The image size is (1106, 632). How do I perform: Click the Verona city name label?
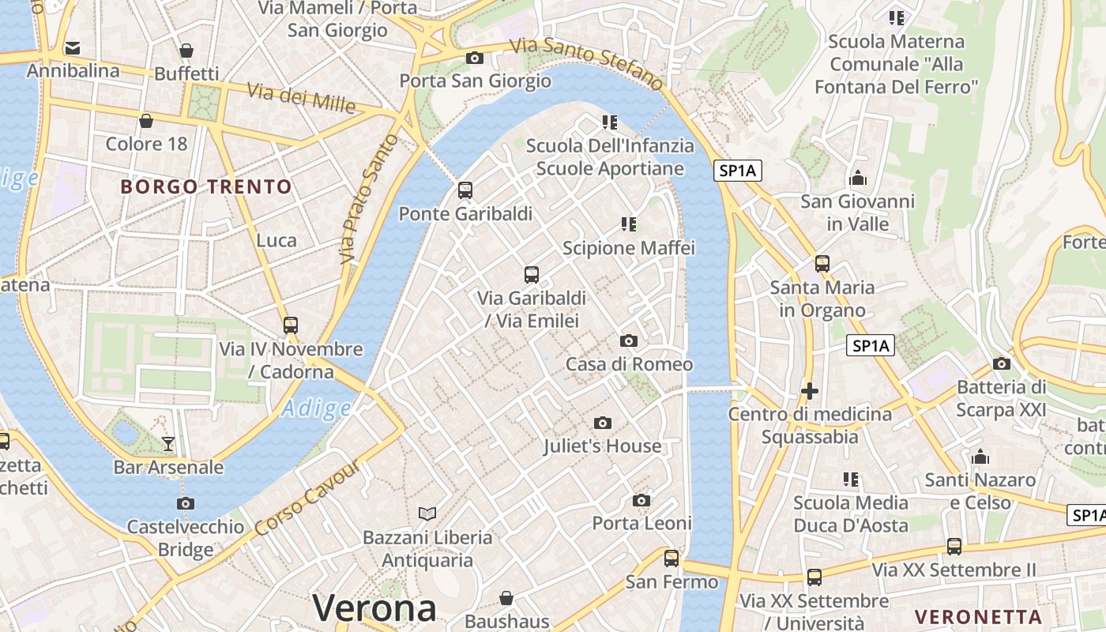click(x=374, y=608)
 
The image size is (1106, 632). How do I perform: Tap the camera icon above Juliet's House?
click(x=603, y=423)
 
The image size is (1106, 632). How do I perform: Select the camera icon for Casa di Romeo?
click(x=629, y=340)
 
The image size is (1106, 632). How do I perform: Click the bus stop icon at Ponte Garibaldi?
click(x=465, y=190)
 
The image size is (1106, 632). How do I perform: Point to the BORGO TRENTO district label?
click(x=206, y=187)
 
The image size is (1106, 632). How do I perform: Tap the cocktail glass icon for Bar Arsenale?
click(x=168, y=443)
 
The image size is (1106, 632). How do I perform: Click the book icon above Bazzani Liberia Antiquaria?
click(x=427, y=514)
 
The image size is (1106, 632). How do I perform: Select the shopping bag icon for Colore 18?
click(x=146, y=121)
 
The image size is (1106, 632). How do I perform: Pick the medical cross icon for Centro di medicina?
click(x=809, y=390)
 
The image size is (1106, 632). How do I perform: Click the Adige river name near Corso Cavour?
click(x=316, y=408)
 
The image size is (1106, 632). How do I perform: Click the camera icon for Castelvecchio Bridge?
click(x=186, y=503)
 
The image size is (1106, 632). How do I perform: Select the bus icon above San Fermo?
click(x=671, y=559)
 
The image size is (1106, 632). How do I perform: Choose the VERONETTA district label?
click(x=978, y=617)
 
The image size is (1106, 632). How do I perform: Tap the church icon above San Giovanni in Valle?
click(x=858, y=178)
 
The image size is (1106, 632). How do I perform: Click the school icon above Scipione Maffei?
click(x=629, y=224)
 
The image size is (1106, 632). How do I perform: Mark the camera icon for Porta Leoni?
click(x=641, y=500)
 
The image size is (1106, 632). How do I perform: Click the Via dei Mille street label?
click(x=302, y=97)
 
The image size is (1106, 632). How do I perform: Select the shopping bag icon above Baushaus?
click(x=506, y=598)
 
